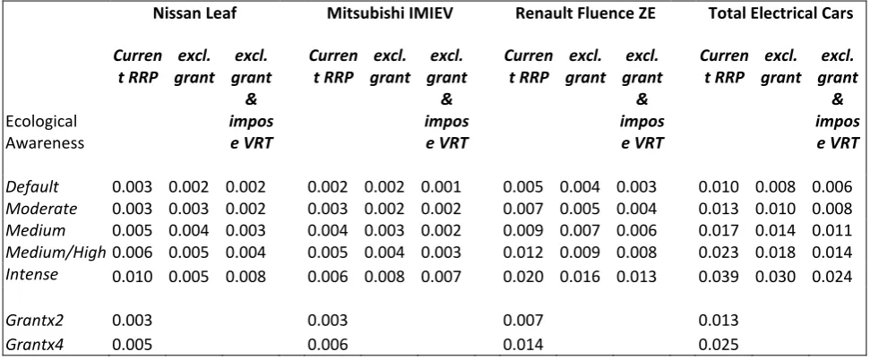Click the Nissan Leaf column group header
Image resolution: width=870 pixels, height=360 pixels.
pos(195,13)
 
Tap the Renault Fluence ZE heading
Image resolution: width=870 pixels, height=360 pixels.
pos(585,13)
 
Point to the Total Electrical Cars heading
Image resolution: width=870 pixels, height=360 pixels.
pos(780,13)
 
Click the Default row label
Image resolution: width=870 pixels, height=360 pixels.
pos(32,187)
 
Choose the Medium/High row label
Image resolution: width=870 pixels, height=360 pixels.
pos(56,253)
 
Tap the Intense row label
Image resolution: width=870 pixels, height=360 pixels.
pos(31,274)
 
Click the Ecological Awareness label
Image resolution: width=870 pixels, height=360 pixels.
pos(45,132)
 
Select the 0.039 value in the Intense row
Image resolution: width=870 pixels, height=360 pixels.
pos(719,275)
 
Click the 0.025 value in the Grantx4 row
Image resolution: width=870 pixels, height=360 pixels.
pos(719,345)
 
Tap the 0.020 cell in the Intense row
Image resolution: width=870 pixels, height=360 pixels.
pos(523,275)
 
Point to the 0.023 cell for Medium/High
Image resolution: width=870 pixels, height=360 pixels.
pos(719,253)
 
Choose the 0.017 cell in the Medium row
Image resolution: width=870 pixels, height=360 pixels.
pos(719,230)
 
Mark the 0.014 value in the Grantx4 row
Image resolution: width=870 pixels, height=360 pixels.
pos(523,345)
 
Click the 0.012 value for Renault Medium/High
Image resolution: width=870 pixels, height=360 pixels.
pos(523,253)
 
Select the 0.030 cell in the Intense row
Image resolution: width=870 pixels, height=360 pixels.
pos(775,275)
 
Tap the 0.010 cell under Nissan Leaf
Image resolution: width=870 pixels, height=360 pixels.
pos(132,275)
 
